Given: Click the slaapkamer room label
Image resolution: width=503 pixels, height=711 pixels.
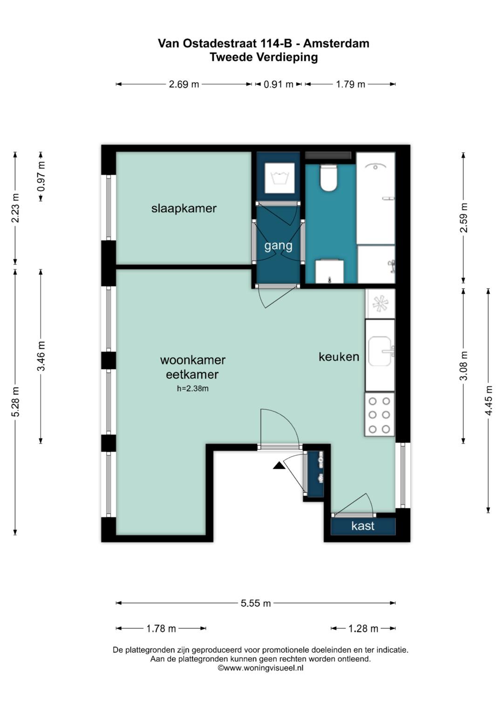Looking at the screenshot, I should point(184,208).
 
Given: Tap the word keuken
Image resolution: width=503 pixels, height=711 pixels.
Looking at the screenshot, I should point(339,357).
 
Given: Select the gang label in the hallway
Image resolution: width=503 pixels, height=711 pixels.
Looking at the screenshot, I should point(278,245).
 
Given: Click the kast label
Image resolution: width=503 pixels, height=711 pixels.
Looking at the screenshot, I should point(363,526).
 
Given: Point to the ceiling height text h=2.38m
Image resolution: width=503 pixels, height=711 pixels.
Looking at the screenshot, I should point(192,388).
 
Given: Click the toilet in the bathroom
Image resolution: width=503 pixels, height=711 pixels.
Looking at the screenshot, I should point(328,179).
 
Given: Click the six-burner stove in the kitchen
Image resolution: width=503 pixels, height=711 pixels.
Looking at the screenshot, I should point(379,414).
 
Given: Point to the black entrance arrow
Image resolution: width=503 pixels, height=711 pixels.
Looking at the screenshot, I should point(279,465).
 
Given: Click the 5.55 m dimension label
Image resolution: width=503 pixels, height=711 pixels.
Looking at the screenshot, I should point(256,603).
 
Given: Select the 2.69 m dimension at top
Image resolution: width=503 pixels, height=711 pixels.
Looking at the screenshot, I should point(184,84).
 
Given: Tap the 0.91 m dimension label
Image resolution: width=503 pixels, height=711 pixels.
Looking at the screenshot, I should point(279,84).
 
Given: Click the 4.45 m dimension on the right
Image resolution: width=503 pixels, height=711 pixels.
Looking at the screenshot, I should point(489,400).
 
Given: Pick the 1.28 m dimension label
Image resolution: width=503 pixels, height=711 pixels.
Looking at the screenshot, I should point(363,629).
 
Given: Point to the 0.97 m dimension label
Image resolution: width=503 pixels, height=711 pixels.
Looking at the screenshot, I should point(41,176).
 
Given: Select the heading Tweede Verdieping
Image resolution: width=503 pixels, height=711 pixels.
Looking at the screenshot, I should point(264,57).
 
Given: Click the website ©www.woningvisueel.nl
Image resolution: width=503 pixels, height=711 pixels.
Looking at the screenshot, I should point(260,668).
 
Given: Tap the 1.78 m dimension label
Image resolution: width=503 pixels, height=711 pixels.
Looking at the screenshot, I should point(161,629).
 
